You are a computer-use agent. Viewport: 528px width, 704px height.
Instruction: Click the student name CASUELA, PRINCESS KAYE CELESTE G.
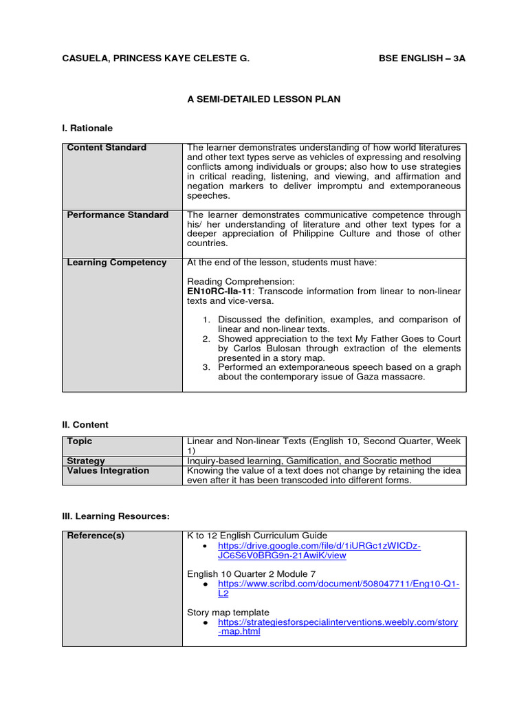pos(156,58)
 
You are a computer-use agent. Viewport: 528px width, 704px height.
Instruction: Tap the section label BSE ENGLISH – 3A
pos(422,58)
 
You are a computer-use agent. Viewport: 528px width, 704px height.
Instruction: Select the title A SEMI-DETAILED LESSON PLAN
pos(264,99)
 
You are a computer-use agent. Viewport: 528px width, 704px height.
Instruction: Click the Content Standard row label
pos(107,148)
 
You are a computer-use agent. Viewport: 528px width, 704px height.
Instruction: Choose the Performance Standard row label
pos(118,215)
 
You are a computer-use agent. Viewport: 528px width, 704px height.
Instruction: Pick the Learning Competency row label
pos(117,263)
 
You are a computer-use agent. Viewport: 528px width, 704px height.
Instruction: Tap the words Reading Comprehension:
pos(231,282)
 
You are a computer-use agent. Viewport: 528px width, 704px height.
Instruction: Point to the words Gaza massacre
pos(393,377)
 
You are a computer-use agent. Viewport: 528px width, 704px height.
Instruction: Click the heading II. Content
pos(85,425)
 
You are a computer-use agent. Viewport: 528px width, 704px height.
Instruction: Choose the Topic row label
pos(80,441)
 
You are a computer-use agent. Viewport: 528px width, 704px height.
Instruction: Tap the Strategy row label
pos(86,461)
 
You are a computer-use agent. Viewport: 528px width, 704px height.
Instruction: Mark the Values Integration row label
pos(108,471)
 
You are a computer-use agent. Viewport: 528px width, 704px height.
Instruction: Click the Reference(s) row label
pos(96,536)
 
